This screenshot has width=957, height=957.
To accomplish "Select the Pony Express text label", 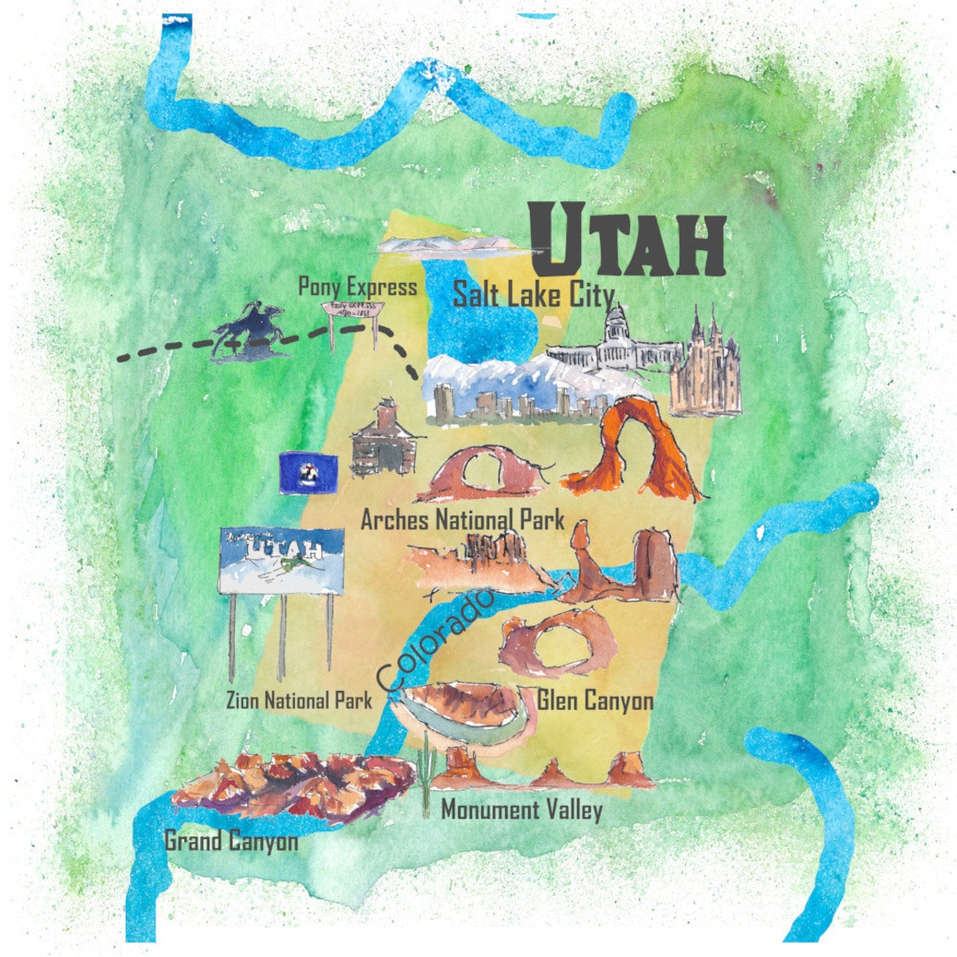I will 357,286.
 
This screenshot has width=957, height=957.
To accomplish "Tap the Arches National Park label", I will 462,520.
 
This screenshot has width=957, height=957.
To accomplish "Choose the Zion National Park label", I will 298,702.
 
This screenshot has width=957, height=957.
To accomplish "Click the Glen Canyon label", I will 595,702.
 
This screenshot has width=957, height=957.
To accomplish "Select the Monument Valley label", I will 521,810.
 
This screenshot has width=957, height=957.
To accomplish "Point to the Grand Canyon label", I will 231,841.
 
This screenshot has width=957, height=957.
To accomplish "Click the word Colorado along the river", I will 432,641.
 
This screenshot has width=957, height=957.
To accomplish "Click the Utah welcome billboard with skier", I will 281,562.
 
